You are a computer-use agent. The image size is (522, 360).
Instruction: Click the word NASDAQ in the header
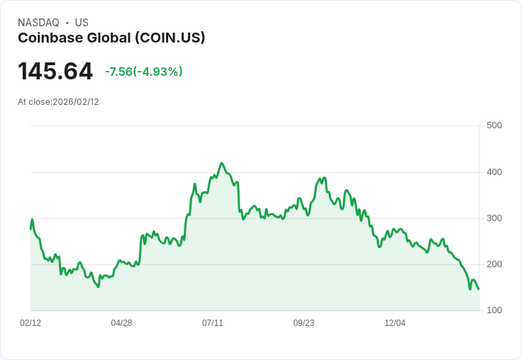[38, 23]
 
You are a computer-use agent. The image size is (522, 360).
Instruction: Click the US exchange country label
[82, 23]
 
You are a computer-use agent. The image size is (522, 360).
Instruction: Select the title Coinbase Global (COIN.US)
[111, 38]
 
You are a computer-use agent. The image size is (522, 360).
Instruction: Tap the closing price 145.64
[55, 72]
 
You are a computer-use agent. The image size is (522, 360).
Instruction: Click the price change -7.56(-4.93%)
[143, 72]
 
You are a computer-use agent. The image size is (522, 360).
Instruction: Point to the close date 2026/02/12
[76, 102]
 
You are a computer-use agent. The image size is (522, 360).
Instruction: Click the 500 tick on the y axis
[494, 125]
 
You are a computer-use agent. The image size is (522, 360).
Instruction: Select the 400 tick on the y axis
[494, 172]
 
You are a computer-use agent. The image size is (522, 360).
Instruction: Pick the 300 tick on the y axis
[494, 218]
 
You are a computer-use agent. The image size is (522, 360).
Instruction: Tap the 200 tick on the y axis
[494, 264]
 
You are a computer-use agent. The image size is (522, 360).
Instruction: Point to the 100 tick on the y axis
[494, 310]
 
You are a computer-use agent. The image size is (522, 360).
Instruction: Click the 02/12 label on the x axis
[30, 323]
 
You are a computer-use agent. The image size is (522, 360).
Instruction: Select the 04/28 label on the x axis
[121, 323]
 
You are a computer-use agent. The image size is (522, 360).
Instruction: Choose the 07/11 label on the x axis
[213, 323]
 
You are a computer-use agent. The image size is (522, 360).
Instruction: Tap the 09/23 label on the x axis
[304, 323]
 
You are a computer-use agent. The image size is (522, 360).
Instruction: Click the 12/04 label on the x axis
[395, 323]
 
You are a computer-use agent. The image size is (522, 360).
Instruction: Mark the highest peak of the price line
[222, 163]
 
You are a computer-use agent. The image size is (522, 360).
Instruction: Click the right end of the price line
[479, 289]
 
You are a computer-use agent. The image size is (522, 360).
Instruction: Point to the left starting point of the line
[30, 228]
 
